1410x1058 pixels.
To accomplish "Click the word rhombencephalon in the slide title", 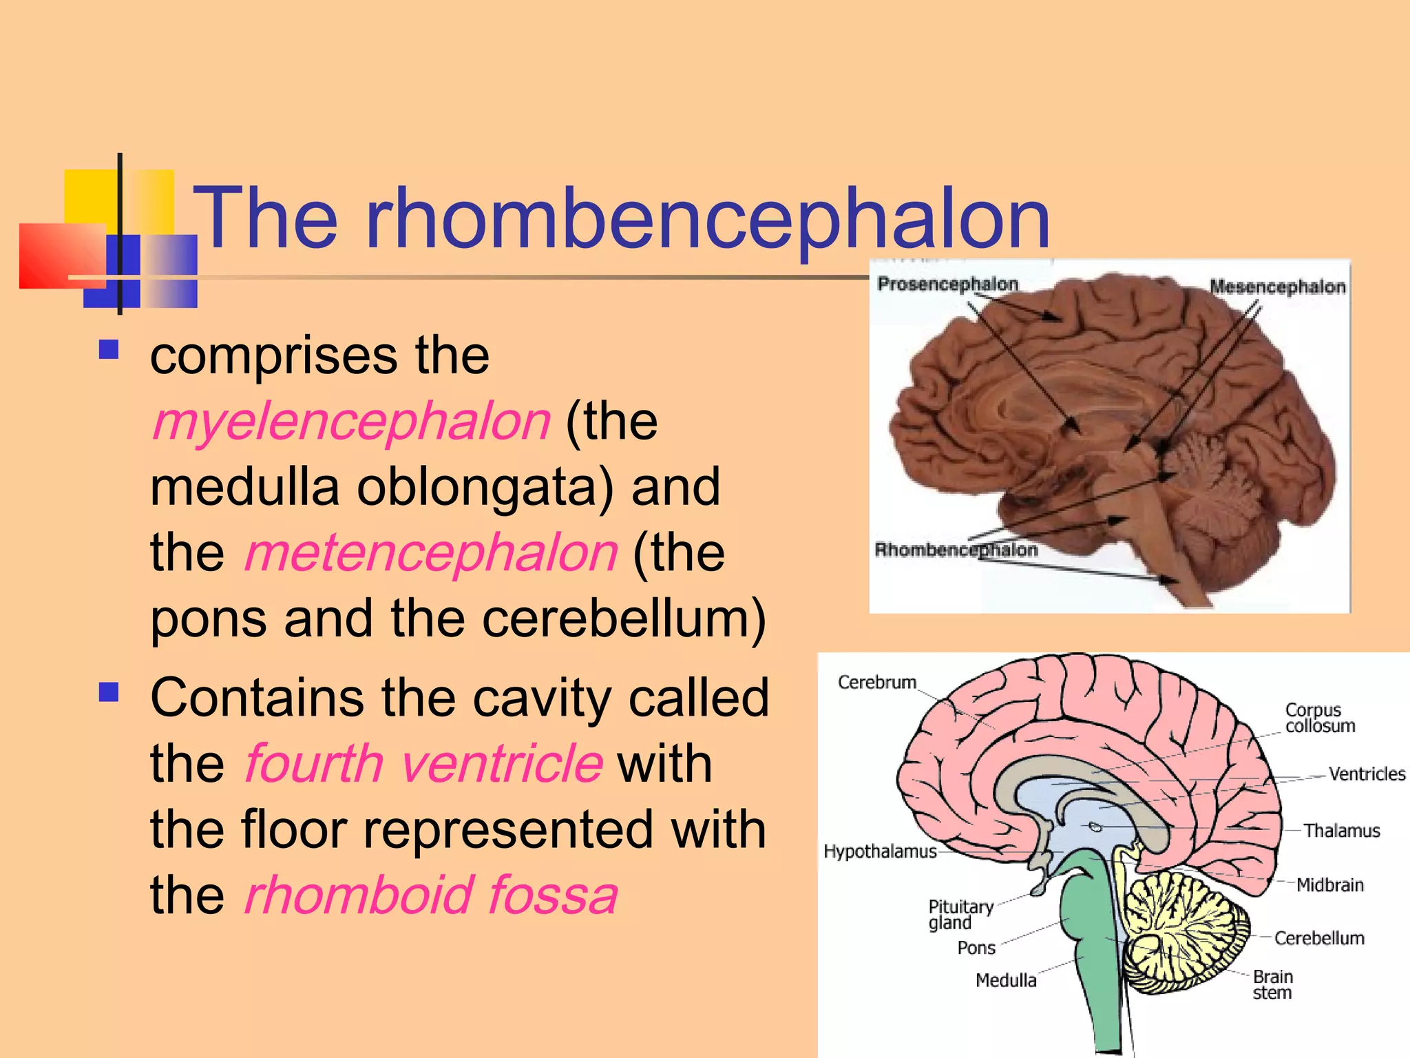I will click(x=707, y=219).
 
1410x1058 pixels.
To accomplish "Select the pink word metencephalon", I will click(x=431, y=552).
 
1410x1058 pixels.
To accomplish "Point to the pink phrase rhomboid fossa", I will click(x=431, y=895).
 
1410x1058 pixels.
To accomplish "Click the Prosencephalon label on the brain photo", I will click(x=947, y=284).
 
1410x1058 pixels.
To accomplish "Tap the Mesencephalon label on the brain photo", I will click(x=1277, y=287).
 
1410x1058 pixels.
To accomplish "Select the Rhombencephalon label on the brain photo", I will click(x=956, y=550).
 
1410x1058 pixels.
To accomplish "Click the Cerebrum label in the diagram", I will click(x=876, y=682).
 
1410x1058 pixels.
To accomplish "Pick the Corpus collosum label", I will click(x=1319, y=718).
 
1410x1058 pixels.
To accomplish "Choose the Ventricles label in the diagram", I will click(x=1367, y=774).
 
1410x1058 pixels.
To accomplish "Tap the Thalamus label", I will click(x=1341, y=831).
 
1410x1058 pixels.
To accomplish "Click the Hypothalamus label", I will click(x=880, y=851).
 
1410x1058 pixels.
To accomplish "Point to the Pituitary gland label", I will click(x=960, y=915).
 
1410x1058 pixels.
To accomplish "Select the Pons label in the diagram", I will click(x=976, y=948).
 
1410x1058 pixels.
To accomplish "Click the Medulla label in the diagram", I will click(x=1006, y=980).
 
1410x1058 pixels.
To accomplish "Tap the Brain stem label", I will click(x=1272, y=984).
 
